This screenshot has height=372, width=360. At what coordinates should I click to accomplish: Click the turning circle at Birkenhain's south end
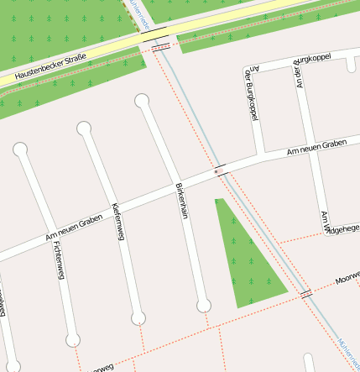point(203,306)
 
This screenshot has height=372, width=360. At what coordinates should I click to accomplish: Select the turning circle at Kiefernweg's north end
point(84,128)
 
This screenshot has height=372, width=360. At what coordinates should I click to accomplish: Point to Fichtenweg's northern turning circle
point(21,149)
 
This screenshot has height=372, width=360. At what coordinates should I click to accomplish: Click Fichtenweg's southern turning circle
point(73,340)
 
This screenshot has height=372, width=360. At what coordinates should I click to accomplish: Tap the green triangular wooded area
point(243,256)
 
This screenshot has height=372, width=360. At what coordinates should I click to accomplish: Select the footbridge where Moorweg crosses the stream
point(306,293)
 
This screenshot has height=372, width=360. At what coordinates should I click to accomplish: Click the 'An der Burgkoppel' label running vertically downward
point(249,94)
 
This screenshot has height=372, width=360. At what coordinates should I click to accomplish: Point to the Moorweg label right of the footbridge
point(347,277)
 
